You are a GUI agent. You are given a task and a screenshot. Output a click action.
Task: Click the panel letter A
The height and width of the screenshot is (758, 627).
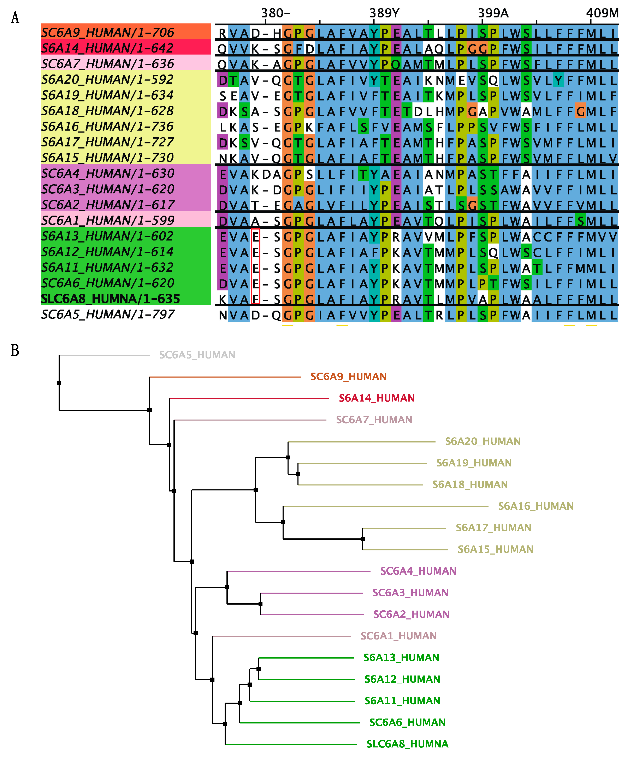(15, 18)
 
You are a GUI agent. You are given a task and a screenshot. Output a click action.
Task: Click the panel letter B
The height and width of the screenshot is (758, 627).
(15, 350)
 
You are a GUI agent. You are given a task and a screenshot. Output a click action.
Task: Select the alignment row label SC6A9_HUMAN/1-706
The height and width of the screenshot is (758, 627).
(108, 32)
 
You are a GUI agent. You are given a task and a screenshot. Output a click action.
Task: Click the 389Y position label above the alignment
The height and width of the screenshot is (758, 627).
(384, 13)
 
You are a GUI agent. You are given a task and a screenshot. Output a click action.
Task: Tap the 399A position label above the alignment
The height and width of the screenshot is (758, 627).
(493, 13)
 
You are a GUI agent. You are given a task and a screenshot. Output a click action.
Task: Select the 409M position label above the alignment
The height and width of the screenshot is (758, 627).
(602, 13)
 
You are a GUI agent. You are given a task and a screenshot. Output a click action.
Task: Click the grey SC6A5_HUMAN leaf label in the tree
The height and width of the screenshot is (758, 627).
(197, 355)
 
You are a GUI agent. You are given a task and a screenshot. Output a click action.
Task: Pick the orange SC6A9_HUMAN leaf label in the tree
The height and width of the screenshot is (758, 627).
(349, 377)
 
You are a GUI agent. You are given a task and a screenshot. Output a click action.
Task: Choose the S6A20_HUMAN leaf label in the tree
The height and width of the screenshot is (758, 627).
(483, 442)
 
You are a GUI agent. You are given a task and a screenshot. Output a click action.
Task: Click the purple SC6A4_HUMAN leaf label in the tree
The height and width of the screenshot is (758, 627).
(418, 571)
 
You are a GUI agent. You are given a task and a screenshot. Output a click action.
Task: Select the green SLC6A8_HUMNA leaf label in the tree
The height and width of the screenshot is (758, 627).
(407, 744)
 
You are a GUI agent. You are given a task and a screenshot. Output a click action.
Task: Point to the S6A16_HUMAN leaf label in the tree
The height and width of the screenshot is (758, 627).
(536, 506)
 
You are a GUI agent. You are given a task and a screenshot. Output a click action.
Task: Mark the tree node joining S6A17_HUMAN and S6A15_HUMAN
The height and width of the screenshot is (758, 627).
(363, 539)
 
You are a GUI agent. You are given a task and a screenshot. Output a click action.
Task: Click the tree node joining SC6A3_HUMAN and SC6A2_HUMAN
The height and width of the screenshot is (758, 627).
(260, 604)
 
